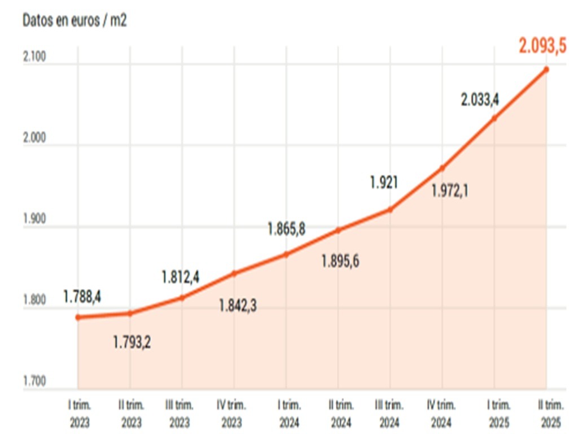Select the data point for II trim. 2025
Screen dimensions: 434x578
pyautogui.click(x=546, y=70)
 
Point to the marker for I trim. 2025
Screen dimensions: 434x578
pyautogui.click(x=494, y=118)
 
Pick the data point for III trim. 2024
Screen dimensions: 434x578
pyautogui.click(x=389, y=210)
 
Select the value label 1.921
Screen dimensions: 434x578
pyautogui.click(x=384, y=183)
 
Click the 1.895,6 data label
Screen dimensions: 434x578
pyautogui.click(x=340, y=261)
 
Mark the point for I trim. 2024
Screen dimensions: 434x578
pyautogui.click(x=286, y=254)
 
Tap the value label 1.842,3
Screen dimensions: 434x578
pyautogui.click(x=238, y=306)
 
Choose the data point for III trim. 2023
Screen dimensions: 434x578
pyautogui.click(x=182, y=297)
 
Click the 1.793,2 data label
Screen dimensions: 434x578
pyautogui.click(x=132, y=342)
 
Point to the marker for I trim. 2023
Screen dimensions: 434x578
pyautogui.click(x=78, y=317)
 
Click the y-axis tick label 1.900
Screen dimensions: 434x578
pyautogui.click(x=35, y=220)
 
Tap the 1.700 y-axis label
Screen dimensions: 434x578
pyautogui.click(x=35, y=381)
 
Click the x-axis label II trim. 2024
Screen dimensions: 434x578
pyautogui.click(x=341, y=414)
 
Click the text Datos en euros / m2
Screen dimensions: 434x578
pyautogui.click(x=75, y=20)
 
